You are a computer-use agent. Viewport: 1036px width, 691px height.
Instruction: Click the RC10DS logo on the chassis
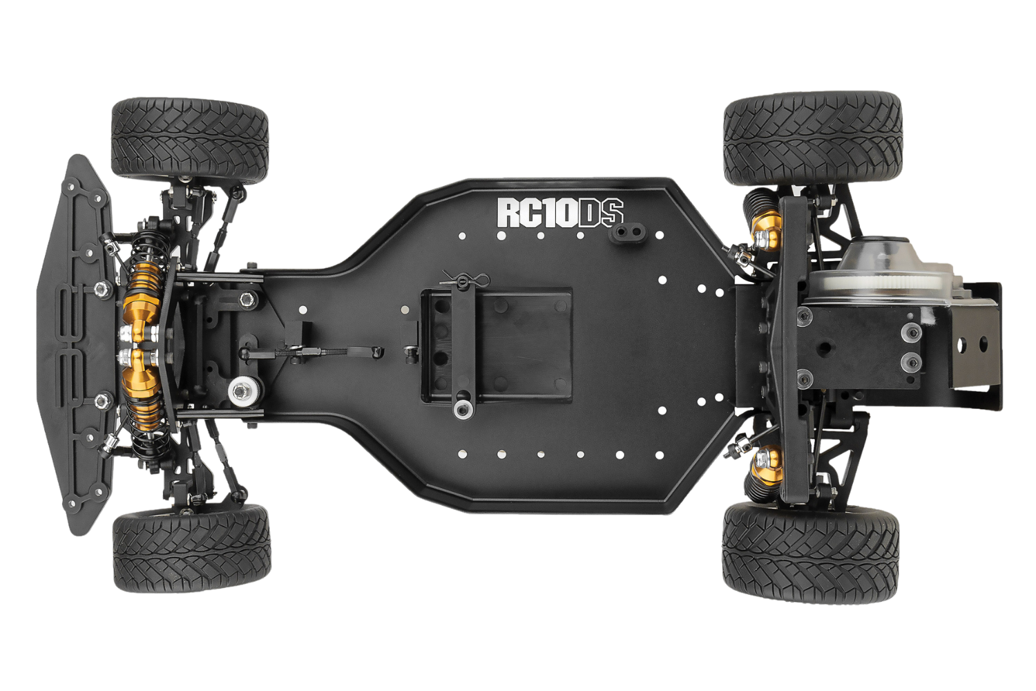coord(561,213)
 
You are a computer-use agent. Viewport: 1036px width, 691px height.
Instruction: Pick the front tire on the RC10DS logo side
coord(190,140)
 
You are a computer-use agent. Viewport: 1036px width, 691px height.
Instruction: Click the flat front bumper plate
coord(76,345)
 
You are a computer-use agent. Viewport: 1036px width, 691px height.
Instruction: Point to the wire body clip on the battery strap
coord(465,278)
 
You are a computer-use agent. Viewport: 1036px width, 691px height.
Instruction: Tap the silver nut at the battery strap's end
coord(463,410)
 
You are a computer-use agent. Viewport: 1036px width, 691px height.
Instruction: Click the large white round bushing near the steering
coord(243,391)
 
